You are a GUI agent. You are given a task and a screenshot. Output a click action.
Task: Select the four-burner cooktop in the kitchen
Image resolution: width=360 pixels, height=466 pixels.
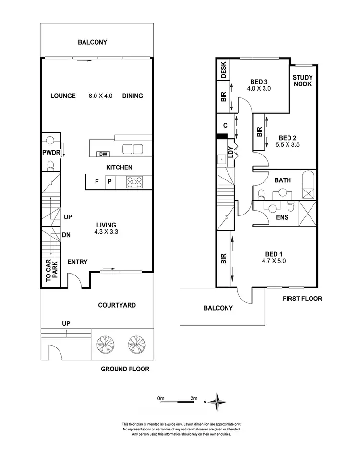[134, 182]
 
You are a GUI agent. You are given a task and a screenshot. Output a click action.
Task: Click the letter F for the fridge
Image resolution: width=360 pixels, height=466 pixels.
[96, 181]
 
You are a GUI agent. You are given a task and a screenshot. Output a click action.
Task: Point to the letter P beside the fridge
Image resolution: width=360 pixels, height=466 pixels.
[109, 181]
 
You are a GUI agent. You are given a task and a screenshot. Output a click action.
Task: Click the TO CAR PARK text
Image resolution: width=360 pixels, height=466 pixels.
[51, 270]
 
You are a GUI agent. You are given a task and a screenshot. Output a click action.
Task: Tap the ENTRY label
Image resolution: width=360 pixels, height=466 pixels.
[77, 262]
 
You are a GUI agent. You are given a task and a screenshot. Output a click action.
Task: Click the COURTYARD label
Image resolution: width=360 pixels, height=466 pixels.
[117, 305]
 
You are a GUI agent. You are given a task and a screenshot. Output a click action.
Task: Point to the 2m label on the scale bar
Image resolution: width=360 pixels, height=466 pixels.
[194, 398]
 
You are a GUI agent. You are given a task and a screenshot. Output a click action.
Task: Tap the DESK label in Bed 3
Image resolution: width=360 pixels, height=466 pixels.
[224, 71]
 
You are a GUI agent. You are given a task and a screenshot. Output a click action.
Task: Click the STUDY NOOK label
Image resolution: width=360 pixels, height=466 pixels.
[302, 81]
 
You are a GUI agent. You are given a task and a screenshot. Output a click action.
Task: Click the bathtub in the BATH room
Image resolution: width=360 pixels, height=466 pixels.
[309, 185]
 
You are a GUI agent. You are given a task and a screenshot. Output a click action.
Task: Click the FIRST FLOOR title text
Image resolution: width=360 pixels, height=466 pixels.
[302, 299]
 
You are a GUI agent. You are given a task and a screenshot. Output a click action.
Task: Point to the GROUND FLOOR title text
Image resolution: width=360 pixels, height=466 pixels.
[125, 369]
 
